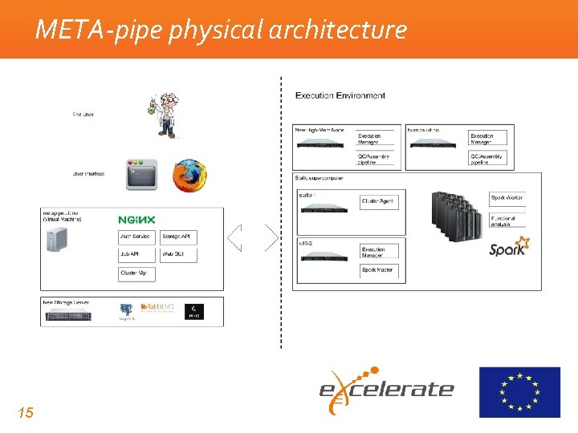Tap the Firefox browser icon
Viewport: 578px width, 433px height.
pyautogui.click(x=189, y=176)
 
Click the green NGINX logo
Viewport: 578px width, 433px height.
pyautogui.click(x=136, y=220)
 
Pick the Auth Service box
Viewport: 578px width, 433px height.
pyautogui.click(x=135, y=237)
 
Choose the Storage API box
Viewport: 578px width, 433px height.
pyautogui.click(x=177, y=237)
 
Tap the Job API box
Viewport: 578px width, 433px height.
pyautogui.click(x=135, y=255)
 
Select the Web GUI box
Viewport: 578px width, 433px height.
pyautogui.click(x=177, y=255)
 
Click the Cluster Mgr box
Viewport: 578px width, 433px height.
pyautogui.click(x=135, y=273)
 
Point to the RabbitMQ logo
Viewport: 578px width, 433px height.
pyautogui.click(x=157, y=308)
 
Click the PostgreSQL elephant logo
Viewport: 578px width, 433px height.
pyautogui.click(x=126, y=310)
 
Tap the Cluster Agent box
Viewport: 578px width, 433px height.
pyautogui.click(x=378, y=200)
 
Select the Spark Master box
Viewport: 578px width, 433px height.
pyautogui.click(x=378, y=269)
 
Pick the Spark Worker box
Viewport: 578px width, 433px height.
pyautogui.click(x=507, y=197)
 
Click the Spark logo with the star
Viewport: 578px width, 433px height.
pyautogui.click(x=509, y=246)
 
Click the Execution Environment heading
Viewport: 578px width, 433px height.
pyautogui.click(x=340, y=95)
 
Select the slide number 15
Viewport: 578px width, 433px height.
pyautogui.click(x=26, y=413)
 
